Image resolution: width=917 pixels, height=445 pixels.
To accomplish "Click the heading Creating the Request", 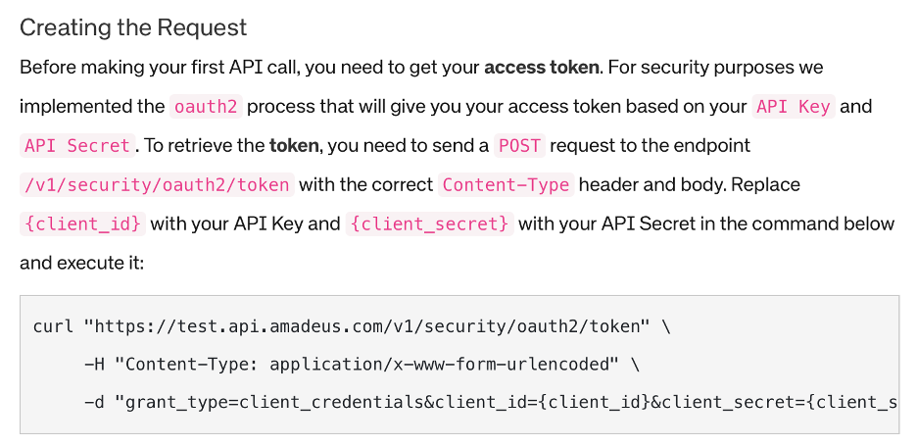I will [x=133, y=27].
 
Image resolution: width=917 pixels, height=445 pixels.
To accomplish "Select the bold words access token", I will [x=541, y=68].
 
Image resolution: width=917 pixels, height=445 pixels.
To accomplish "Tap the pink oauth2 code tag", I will [x=206, y=107].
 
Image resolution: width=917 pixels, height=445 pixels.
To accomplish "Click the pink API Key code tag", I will [x=793, y=107].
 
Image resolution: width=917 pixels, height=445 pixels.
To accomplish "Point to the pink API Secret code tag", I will [x=77, y=146].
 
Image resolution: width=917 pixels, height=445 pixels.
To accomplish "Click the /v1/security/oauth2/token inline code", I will [x=157, y=185].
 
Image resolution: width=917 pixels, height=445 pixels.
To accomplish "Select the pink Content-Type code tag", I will [x=507, y=185].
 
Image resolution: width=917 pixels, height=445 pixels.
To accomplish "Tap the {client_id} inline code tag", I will [x=82, y=224].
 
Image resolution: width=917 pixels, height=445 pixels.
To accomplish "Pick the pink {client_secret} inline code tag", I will [x=429, y=224].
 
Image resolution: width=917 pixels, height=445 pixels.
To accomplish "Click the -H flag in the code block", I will [x=93, y=366].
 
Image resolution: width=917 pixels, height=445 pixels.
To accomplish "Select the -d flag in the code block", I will [x=93, y=404].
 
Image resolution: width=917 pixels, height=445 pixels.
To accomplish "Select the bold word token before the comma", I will [x=294, y=146].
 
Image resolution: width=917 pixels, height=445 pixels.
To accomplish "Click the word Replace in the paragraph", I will [x=767, y=185].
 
